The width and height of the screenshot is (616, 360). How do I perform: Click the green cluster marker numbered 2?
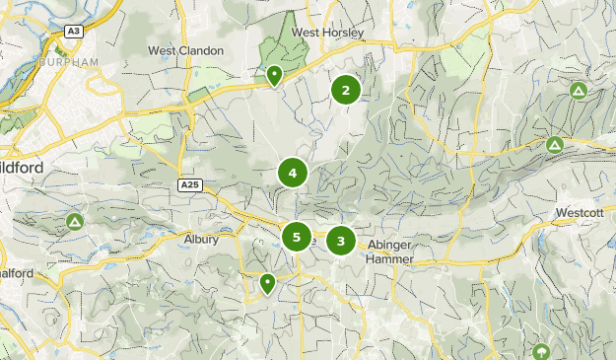click(345, 91)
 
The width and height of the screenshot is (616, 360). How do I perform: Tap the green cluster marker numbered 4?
click(293, 174)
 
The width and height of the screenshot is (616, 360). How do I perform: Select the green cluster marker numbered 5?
click(296, 237)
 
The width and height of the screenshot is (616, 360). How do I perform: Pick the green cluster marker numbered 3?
click(341, 240)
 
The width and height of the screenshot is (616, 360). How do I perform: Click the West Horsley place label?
click(328, 33)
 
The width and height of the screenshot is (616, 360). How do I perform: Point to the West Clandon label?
click(186, 50)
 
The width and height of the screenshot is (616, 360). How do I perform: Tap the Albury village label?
click(201, 239)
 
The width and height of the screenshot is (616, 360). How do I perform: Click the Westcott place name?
click(580, 212)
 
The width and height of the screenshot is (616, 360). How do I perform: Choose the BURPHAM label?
click(70, 62)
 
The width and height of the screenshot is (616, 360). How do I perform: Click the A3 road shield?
click(73, 32)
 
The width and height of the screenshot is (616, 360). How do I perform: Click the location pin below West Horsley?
click(274, 74)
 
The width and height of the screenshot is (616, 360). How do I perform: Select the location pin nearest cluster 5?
click(267, 283)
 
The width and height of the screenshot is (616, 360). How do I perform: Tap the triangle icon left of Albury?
click(75, 222)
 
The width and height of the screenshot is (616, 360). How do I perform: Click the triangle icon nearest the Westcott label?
click(555, 145)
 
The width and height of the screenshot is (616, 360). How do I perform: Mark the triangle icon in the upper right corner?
click(579, 91)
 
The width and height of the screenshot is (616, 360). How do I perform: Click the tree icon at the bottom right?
click(540, 352)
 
